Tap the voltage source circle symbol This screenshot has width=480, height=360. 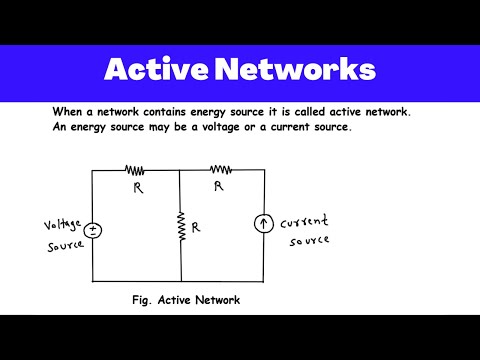click(x=93, y=229)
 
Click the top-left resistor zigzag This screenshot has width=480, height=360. click(x=135, y=171)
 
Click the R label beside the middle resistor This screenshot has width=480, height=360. click(x=197, y=227)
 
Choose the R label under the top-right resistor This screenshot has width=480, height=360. click(x=219, y=186)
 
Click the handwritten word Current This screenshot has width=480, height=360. click(x=303, y=222)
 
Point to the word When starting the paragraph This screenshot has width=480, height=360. click(x=69, y=113)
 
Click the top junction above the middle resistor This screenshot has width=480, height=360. click(x=181, y=171)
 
